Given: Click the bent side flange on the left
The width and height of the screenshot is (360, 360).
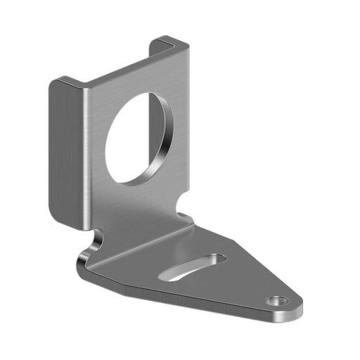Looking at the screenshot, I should [67, 151].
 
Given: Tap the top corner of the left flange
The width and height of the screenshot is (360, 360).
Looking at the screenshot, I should [59, 81].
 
